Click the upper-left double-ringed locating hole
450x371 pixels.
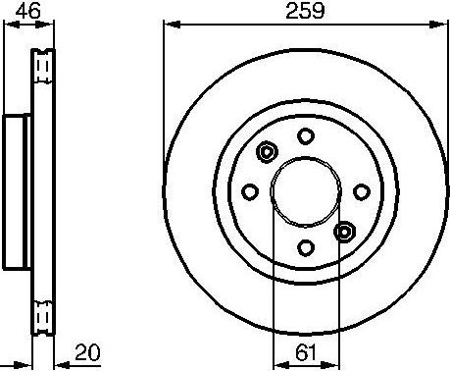tap(266, 152)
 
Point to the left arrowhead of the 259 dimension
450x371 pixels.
tap(169, 24)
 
